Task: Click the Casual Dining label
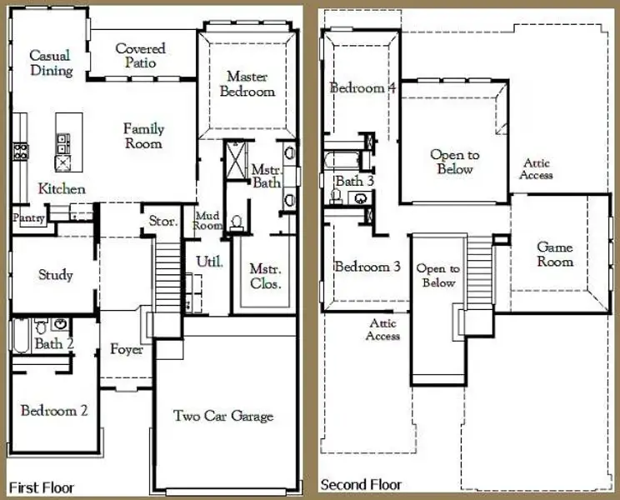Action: coord(50,63)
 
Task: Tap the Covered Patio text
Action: coord(140,56)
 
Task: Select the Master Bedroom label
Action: coord(247,84)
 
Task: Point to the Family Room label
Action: coord(143,136)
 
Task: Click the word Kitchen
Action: coord(62,189)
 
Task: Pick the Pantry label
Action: coord(27,217)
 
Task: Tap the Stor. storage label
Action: coord(162,222)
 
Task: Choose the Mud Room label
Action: coord(207,221)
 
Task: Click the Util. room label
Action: coord(208,262)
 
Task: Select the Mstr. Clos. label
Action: coord(265,276)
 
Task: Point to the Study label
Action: coord(56,275)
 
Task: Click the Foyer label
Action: coord(127,349)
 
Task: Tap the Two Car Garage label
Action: coord(222,416)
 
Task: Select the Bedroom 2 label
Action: coord(55,410)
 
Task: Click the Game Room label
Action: coord(554,254)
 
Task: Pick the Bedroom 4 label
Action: coord(362,87)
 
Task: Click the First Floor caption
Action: coord(41,487)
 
